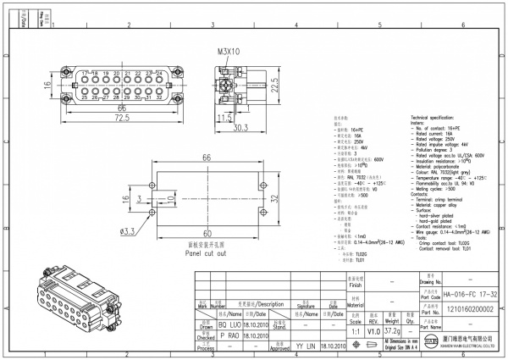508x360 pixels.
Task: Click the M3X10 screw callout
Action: [x=229, y=52]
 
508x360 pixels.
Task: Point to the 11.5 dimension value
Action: [x=224, y=118]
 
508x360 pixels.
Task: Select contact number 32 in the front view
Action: [x=160, y=97]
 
